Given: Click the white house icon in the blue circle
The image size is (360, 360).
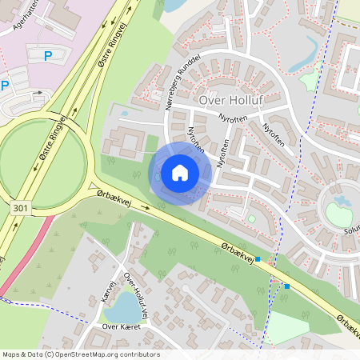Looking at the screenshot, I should (180, 173).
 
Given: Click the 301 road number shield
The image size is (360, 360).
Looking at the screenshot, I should (22, 207).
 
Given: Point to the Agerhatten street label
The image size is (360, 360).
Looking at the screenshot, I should (15, 18).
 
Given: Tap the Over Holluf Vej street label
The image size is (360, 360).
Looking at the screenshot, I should (137, 293).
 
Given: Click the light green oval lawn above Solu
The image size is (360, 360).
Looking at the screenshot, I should (338, 214).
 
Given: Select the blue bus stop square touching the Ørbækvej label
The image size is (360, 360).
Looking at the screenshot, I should (258, 259).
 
